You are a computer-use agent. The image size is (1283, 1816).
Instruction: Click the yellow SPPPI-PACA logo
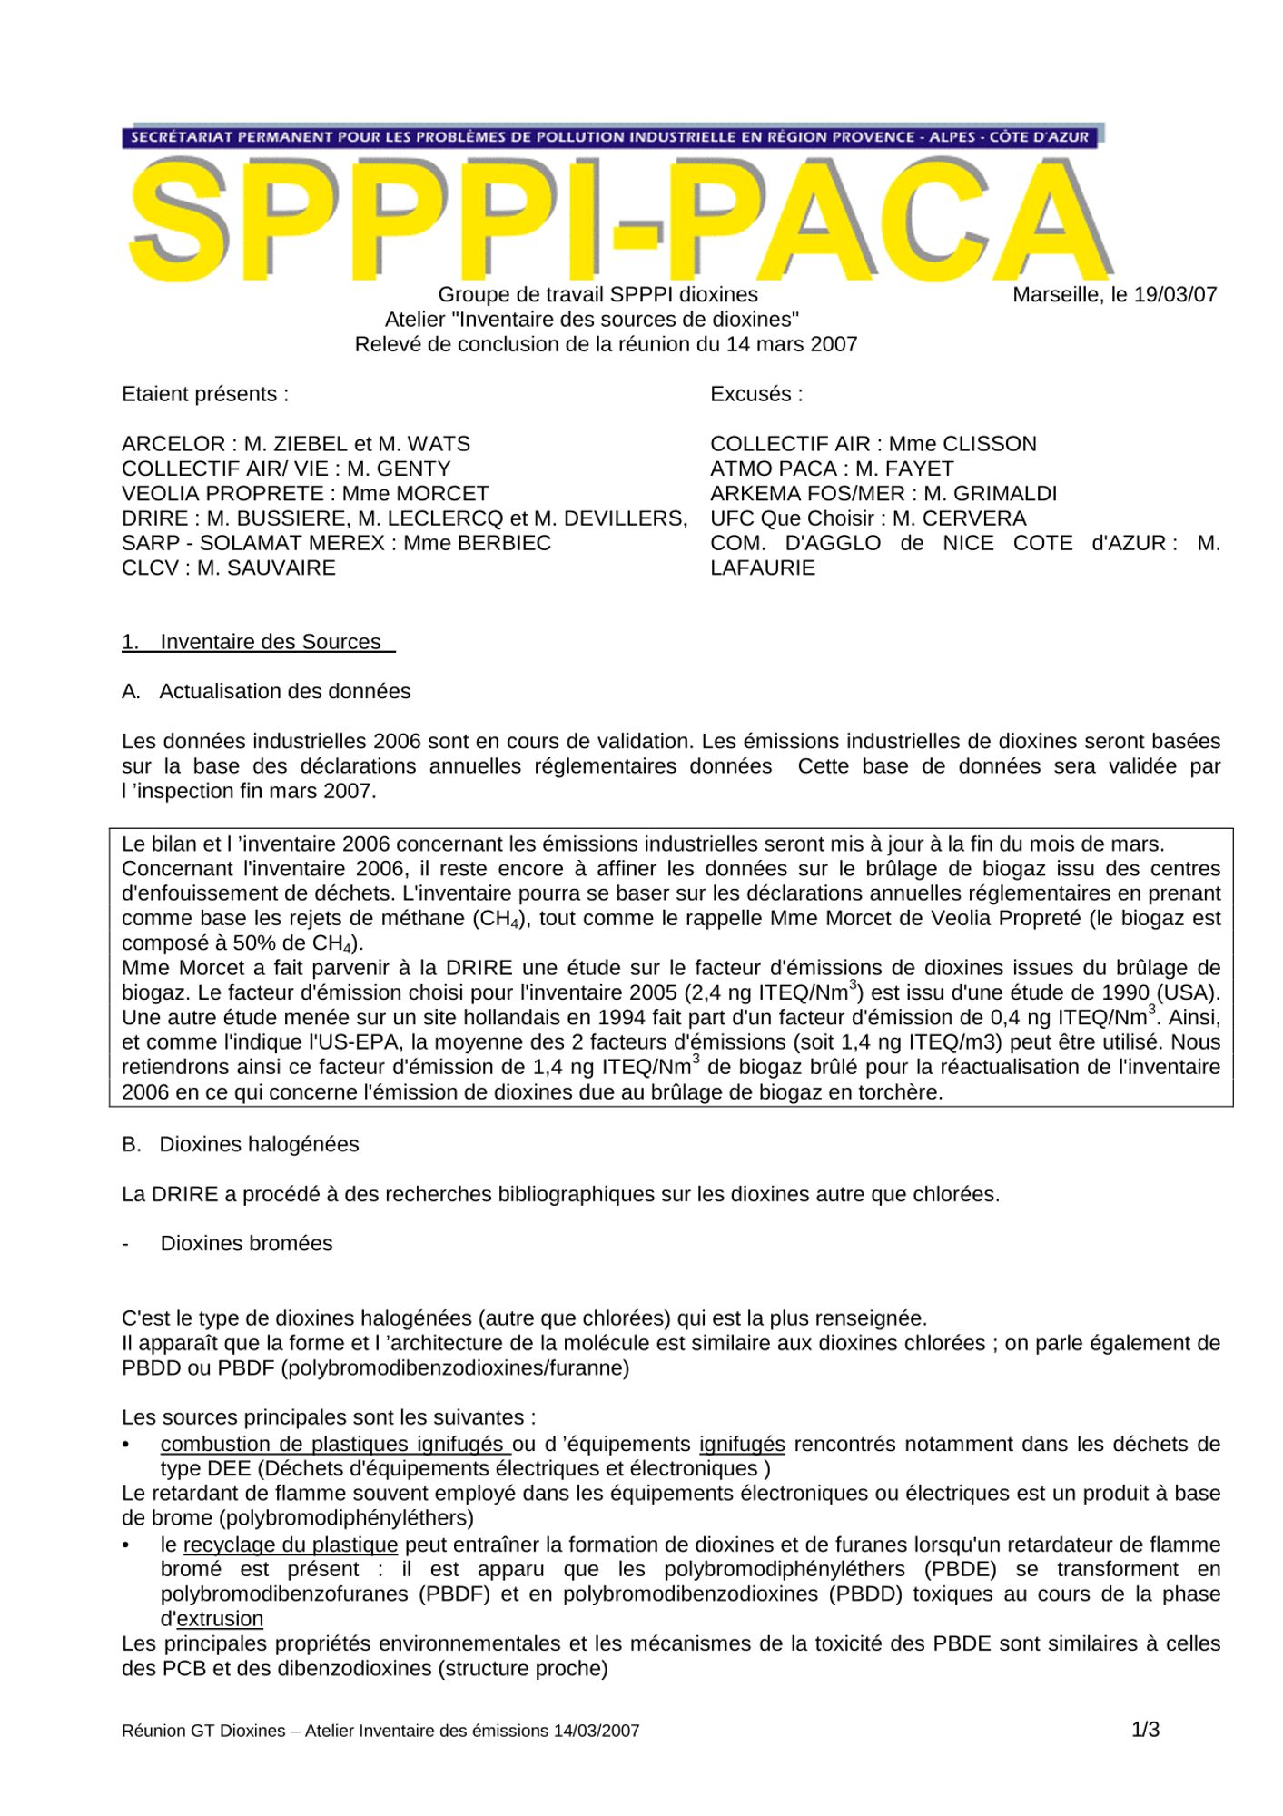617,218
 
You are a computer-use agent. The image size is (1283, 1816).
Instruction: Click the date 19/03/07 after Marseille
1176,295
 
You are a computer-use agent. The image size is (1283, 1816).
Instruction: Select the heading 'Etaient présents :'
205,394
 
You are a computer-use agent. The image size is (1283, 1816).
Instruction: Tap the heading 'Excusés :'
756,394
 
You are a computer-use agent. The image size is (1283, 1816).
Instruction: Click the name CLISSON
990,444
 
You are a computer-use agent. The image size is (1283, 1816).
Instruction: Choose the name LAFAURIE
763,567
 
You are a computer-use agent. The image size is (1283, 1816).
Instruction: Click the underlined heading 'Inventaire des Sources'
271,642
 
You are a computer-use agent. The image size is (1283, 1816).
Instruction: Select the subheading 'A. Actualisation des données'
266,691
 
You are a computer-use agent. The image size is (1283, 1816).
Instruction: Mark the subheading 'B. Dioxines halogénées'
241,1144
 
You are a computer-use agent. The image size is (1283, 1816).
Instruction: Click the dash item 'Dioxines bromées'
246,1243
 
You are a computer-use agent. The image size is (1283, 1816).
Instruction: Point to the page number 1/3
1145,1729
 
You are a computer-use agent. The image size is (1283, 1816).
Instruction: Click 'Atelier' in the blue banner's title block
415,320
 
